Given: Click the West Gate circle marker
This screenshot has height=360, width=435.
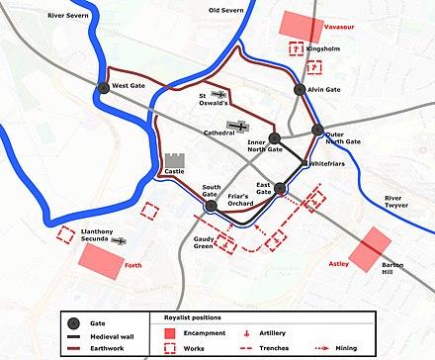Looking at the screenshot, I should point(104,89).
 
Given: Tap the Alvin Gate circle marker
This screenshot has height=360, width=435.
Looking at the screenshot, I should point(301,90).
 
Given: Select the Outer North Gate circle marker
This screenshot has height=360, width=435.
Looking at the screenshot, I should point(317,130).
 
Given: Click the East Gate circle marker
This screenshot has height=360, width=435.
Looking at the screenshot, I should point(280,188).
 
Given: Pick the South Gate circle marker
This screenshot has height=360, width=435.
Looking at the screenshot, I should point(211,206).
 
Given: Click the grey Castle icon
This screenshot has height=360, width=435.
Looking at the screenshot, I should point(176,162).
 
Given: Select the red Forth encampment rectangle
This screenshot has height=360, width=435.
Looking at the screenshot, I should point(100,260).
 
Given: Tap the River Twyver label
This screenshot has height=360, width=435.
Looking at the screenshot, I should point(400,205).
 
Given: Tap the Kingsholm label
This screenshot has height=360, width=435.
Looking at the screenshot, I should point(323,47).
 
